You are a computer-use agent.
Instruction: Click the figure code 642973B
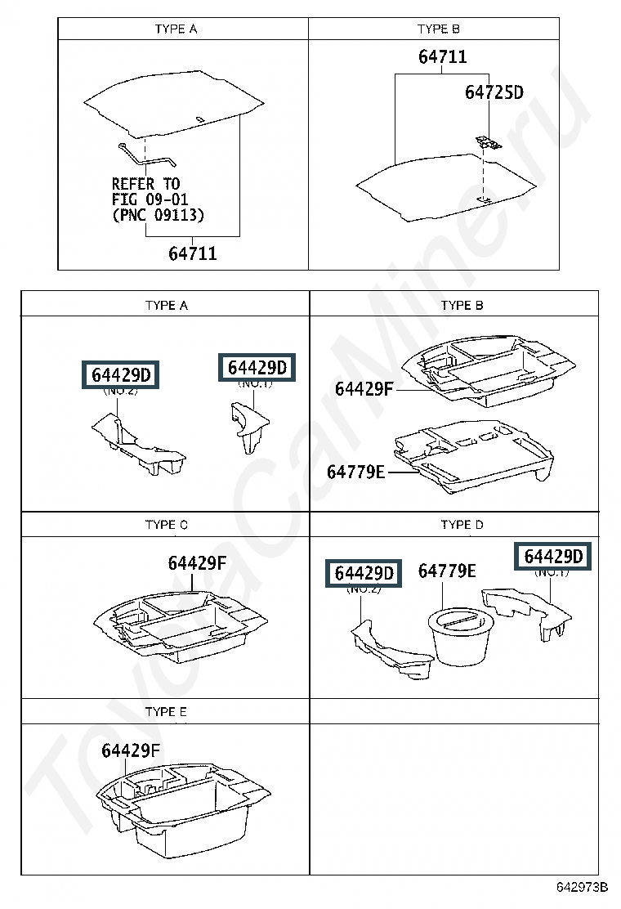(x=582, y=887)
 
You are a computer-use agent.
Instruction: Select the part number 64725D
(x=494, y=92)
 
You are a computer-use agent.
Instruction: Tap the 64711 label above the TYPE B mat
(x=443, y=56)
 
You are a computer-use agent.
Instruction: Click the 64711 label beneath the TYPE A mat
(x=193, y=253)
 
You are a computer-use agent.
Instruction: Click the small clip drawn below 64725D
(x=489, y=143)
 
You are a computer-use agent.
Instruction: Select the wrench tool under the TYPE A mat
(x=147, y=155)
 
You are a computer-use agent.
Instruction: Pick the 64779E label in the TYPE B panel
(x=355, y=472)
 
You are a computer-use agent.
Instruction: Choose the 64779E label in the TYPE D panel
(x=447, y=571)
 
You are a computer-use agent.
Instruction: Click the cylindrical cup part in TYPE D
(x=460, y=636)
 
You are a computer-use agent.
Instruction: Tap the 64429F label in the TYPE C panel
(x=197, y=563)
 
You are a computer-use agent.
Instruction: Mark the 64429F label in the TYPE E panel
(x=131, y=750)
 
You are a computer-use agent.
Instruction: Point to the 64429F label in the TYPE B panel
(x=364, y=389)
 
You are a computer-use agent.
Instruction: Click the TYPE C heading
(x=166, y=525)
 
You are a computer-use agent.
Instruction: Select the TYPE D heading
(x=462, y=525)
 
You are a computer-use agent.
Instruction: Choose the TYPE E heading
(x=166, y=712)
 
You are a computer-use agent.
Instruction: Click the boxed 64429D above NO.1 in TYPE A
(x=257, y=368)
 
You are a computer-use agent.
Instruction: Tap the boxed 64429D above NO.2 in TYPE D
(x=364, y=573)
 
